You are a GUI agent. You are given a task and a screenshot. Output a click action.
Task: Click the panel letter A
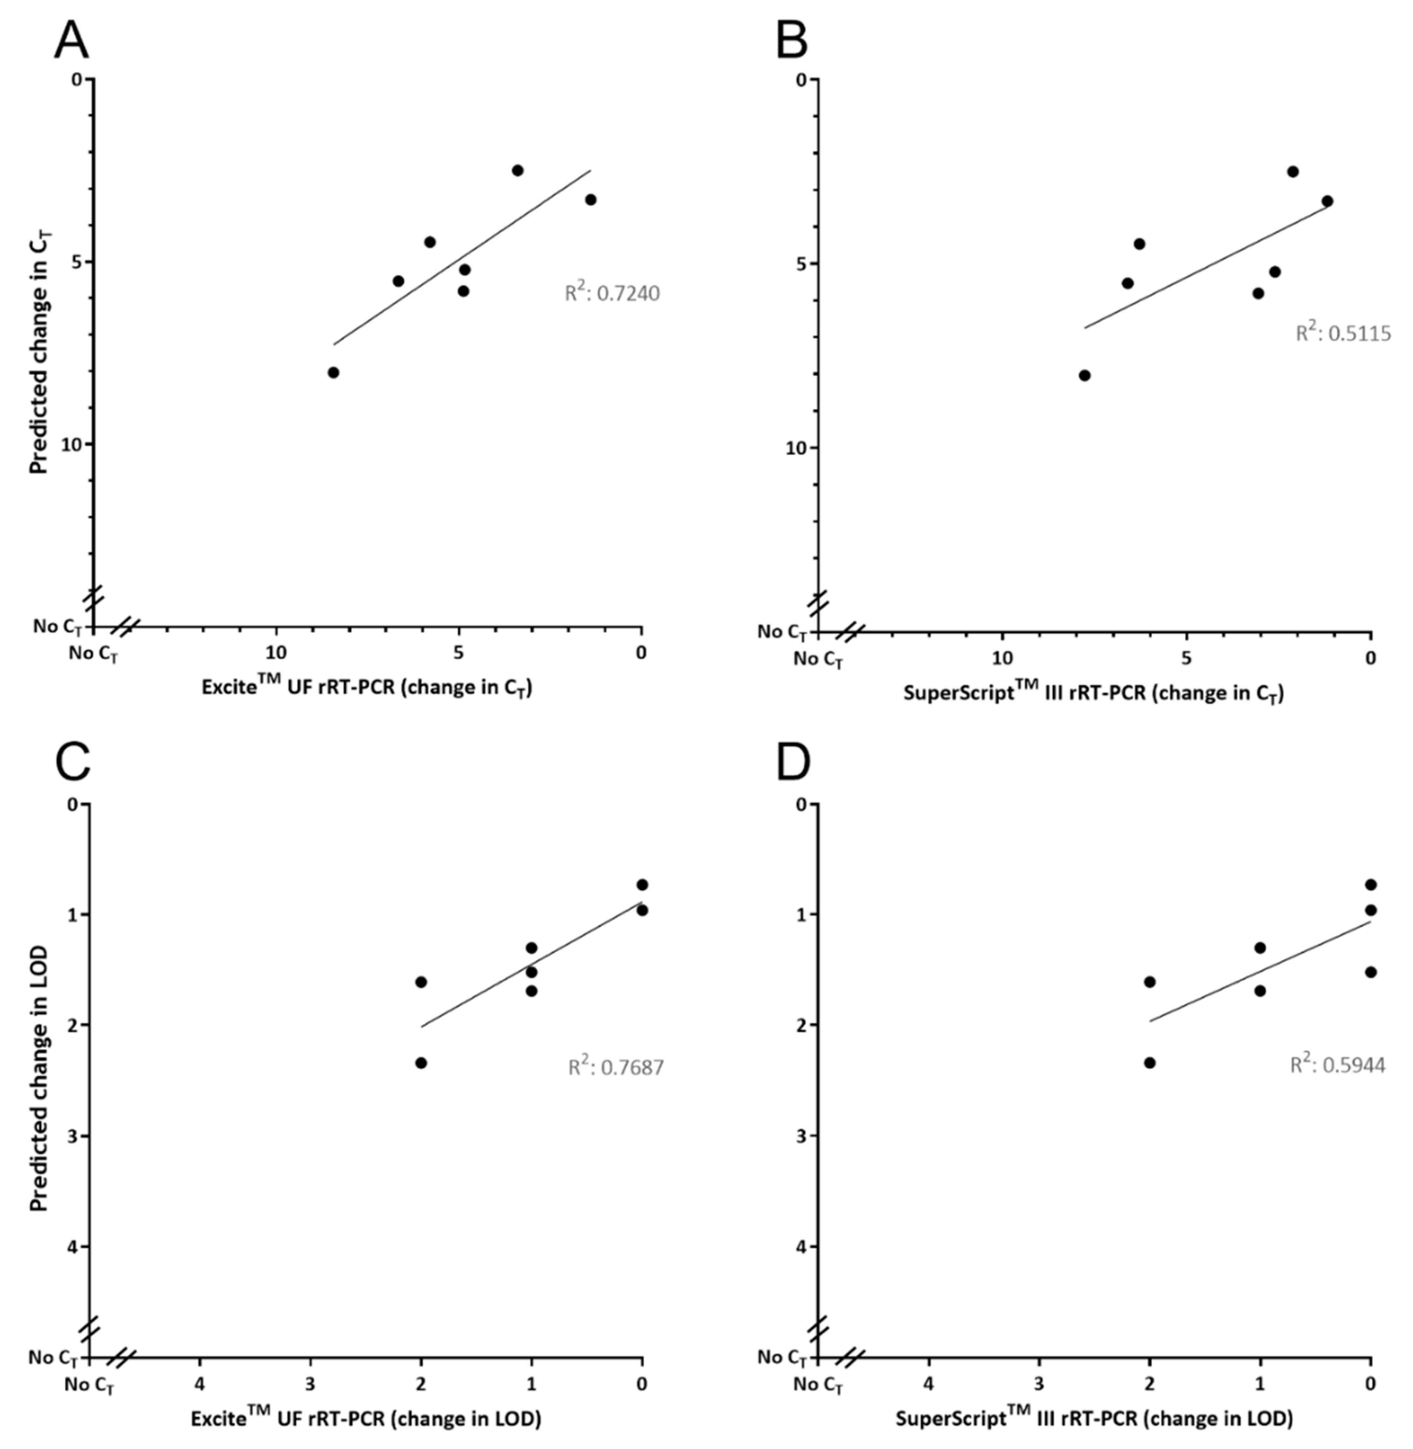71,41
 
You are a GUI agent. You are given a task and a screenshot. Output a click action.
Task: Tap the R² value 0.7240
612,293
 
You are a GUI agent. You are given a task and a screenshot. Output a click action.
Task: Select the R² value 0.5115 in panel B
1343,333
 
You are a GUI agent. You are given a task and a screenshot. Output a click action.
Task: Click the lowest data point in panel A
333,373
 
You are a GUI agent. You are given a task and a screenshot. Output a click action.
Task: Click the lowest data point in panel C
421,1063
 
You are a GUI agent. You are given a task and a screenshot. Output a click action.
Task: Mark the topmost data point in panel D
1371,885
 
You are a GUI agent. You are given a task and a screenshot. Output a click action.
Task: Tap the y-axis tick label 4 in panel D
800,1246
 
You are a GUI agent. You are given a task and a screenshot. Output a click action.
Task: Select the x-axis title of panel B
1093,693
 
